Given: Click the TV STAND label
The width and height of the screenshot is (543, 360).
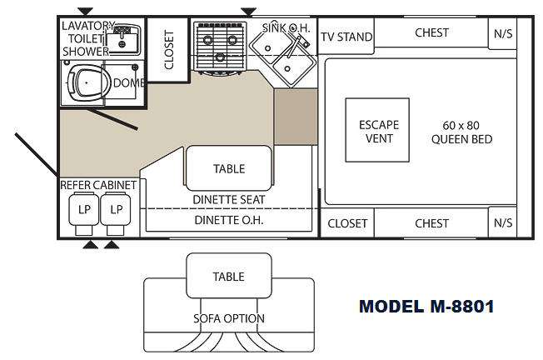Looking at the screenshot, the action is (x=346, y=37).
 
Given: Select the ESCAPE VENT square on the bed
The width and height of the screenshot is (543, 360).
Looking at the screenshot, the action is (x=377, y=130).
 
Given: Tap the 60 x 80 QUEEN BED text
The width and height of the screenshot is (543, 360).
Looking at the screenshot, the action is (x=461, y=132).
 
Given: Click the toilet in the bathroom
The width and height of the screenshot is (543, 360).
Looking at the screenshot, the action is (x=85, y=83).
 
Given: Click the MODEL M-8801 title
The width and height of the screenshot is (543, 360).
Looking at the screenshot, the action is (x=426, y=306).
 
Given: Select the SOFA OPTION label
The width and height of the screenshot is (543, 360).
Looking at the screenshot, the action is (x=229, y=318).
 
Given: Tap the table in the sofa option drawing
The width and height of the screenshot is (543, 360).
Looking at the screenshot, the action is (x=229, y=276).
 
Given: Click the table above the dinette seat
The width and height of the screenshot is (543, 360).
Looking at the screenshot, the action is (x=229, y=168).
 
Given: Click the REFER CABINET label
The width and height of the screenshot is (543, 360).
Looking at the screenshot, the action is (x=98, y=185).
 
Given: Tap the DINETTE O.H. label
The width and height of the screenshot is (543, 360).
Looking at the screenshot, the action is (x=229, y=220).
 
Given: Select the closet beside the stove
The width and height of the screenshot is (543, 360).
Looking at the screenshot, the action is (x=168, y=49).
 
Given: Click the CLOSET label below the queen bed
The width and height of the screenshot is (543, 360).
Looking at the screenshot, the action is (x=347, y=223).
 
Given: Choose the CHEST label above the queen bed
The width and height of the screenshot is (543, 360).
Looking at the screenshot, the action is (x=431, y=32).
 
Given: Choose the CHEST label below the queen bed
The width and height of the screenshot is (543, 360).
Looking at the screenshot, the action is (x=431, y=223).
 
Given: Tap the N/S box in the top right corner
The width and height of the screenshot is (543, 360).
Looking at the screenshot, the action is (x=503, y=33).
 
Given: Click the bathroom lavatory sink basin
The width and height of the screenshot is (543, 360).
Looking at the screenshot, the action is (x=122, y=40).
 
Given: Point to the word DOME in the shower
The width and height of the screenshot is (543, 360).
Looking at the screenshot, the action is (x=129, y=82).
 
